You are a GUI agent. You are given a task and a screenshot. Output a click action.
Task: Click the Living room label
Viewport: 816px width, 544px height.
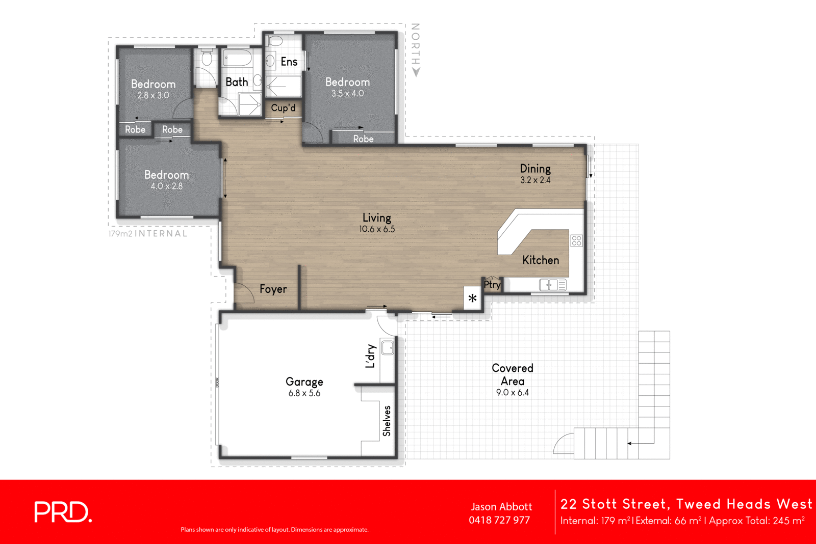click(376, 223)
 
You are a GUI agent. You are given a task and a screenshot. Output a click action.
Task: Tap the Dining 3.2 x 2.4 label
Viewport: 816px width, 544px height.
click(535, 173)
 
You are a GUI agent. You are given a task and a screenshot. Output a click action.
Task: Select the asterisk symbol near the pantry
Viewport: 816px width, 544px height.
click(472, 298)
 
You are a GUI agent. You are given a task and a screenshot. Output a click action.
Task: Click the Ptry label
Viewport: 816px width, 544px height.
click(492, 284)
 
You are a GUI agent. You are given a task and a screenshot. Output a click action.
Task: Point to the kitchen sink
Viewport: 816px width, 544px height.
click(549, 285)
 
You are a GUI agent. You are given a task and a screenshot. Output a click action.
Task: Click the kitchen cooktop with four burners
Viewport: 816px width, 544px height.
click(576, 240)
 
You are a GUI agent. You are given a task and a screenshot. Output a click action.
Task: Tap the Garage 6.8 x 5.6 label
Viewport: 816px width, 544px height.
click(304, 387)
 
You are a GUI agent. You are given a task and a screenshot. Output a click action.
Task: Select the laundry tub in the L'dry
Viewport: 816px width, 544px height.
click(388, 348)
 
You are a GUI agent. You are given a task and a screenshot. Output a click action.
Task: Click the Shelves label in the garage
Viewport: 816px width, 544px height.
click(387, 421)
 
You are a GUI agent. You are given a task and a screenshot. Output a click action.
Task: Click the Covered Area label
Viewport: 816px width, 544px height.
click(513, 379)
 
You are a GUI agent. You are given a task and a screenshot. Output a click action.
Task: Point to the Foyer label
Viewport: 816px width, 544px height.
click(273, 289)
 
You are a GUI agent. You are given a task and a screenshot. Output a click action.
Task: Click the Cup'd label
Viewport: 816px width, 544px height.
click(283, 108)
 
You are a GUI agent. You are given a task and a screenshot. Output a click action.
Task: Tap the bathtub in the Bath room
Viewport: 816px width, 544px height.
click(237, 59)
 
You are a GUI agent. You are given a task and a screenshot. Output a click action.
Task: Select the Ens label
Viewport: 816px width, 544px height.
click(289, 62)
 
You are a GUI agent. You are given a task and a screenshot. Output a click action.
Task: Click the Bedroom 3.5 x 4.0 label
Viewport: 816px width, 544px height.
click(347, 87)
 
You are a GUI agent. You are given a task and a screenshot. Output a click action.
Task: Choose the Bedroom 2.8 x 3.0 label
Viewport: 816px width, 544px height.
click(153, 89)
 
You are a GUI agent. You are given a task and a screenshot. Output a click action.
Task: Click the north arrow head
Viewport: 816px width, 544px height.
click(416, 73)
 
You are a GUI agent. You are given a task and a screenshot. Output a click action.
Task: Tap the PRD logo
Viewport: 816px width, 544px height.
click(62, 512)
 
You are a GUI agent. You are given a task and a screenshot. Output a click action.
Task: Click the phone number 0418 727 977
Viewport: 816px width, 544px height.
click(499, 520)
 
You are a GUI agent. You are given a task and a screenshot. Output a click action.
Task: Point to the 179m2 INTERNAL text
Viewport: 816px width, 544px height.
click(148, 234)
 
